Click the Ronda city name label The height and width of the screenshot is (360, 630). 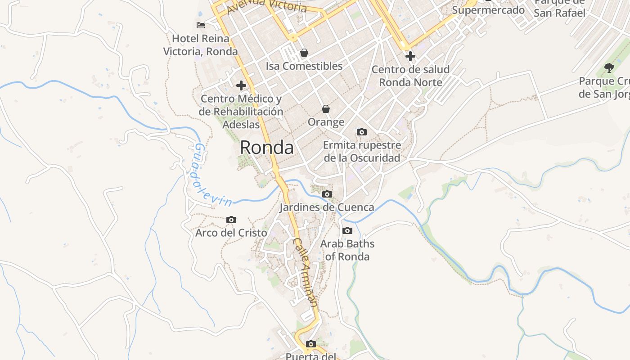pyautogui.click(x=267, y=148)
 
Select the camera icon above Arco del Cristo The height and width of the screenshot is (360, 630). pyautogui.click(x=231, y=220)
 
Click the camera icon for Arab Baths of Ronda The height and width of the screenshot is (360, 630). pyautogui.click(x=347, y=230)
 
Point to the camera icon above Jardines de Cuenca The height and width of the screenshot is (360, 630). pyautogui.click(x=327, y=194)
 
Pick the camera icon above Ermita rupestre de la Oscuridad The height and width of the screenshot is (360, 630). pyautogui.click(x=362, y=132)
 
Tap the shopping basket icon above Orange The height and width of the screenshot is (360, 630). pyautogui.click(x=326, y=109)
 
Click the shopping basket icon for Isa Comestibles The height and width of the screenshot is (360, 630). pyautogui.click(x=304, y=53)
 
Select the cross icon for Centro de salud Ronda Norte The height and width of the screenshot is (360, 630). pyautogui.click(x=410, y=56)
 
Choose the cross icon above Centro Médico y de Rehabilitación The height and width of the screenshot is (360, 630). pyautogui.click(x=241, y=85)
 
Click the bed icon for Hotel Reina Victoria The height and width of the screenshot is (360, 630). pyautogui.click(x=201, y=25)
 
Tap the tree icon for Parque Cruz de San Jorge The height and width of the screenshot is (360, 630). pyautogui.click(x=609, y=68)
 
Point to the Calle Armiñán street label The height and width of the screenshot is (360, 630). pyautogui.click(x=306, y=272)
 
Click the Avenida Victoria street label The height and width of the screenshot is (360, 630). pyautogui.click(x=267, y=7)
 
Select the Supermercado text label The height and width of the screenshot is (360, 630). pyautogui.click(x=488, y=10)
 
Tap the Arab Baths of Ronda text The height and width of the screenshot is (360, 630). pyautogui.click(x=347, y=250)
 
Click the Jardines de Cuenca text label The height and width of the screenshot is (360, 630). pyautogui.click(x=327, y=207)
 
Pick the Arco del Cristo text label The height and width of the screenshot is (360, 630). pyautogui.click(x=231, y=233)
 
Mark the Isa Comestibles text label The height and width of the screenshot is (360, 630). pyautogui.click(x=304, y=66)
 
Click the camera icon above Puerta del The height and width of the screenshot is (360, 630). pyautogui.click(x=310, y=344)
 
